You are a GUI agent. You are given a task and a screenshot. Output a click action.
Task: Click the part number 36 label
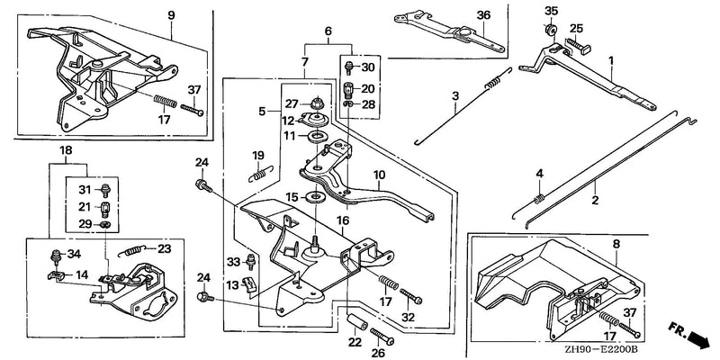click(483, 15)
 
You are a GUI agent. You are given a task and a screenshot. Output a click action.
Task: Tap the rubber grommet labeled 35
click(550, 30)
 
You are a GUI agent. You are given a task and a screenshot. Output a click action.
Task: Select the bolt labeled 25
click(578, 46)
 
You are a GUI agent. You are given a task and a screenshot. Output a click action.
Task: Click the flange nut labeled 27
click(316, 103)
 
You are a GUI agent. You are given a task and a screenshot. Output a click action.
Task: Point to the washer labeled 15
click(316, 198)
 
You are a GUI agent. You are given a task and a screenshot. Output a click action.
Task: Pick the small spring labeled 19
click(260, 174)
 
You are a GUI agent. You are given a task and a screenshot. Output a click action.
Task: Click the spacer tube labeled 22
click(356, 321)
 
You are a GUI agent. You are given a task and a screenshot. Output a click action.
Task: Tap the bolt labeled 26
click(382, 337)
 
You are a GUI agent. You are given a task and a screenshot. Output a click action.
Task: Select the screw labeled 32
click(411, 296)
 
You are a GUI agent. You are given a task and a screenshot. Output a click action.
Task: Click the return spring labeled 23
click(134, 250)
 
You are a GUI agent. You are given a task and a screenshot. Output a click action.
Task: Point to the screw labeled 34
click(56, 256)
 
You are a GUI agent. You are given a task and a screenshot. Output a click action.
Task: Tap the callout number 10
click(379, 175)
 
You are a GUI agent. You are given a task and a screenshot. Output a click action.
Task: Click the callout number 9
click(171, 15)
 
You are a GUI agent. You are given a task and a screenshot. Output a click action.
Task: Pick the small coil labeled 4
click(540, 199)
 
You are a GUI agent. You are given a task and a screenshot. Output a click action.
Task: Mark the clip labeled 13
click(247, 284)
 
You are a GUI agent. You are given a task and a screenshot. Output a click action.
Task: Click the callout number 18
click(66, 150)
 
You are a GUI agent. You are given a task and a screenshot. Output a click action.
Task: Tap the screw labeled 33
click(251, 261)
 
